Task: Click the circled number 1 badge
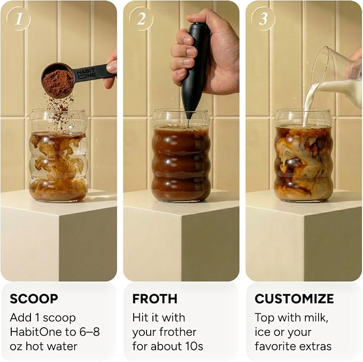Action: tap(19, 19)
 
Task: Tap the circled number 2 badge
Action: tap(141, 19)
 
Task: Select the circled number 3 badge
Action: tap(264, 19)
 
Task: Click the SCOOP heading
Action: tap(34, 299)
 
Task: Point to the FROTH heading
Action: tap(155, 299)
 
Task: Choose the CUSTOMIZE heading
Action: tap(294, 299)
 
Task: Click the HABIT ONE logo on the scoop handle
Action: tap(86, 73)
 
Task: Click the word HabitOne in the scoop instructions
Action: tap(36, 332)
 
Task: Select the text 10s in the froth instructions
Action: tap(194, 346)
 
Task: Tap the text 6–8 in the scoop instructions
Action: tap(89, 332)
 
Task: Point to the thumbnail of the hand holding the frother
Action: tap(181, 141)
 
